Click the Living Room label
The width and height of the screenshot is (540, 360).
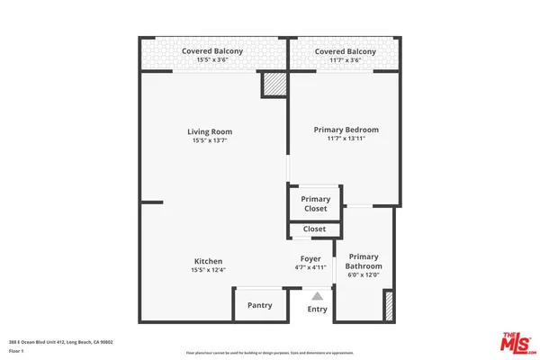tap(210, 131)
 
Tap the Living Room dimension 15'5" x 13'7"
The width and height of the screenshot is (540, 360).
tap(210, 140)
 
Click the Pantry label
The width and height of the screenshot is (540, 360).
tap(259, 306)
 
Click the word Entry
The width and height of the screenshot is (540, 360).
tap(318, 309)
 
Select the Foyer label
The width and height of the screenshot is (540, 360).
tap(310, 259)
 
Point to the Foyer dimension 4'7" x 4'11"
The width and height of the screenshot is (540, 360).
tap(310, 268)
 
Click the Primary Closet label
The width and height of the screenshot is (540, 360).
tap(315, 203)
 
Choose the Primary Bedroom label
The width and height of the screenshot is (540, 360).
tap(346, 130)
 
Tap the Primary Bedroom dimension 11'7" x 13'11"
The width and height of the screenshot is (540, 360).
tap(346, 139)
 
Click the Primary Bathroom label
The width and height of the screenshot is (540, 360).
tap(364, 261)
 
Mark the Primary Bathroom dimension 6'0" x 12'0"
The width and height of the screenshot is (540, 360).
tap(364, 275)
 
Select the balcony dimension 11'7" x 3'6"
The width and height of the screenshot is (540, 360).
tap(345, 61)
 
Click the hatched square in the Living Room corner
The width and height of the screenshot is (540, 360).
tap(273, 85)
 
